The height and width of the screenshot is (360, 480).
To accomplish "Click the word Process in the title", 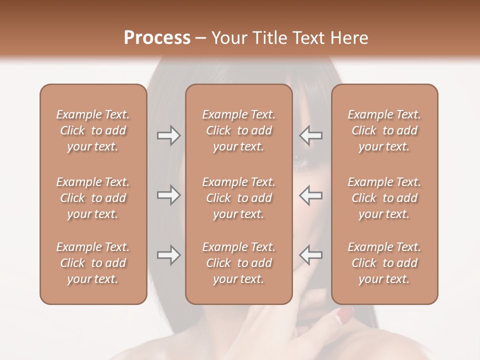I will point(157,38).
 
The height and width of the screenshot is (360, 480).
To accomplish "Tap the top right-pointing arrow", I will point(168,135).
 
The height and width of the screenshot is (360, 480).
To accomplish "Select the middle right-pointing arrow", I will point(168,195).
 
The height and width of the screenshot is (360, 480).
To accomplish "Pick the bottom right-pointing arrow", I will point(168,255).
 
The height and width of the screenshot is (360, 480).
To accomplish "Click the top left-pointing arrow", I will point(310,135).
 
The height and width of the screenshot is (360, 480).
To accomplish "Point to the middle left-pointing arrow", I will point(310,195).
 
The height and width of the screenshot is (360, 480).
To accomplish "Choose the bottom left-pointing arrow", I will point(310,255).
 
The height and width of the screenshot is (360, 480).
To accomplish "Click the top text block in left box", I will point(93,130).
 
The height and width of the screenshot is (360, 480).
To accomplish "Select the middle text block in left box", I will point(93,198).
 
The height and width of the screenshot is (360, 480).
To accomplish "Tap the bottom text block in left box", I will point(93,263).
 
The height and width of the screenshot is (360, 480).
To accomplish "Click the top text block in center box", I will point(238,130).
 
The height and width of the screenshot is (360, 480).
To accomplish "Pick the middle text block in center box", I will point(238,198).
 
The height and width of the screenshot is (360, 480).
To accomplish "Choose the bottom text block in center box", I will point(238,263).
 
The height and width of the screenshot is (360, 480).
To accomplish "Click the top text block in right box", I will point(384,130).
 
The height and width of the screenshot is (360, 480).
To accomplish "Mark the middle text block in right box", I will point(384,198).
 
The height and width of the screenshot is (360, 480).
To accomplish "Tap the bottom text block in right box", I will point(384,263).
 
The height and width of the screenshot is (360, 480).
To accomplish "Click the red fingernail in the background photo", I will point(344,314).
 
